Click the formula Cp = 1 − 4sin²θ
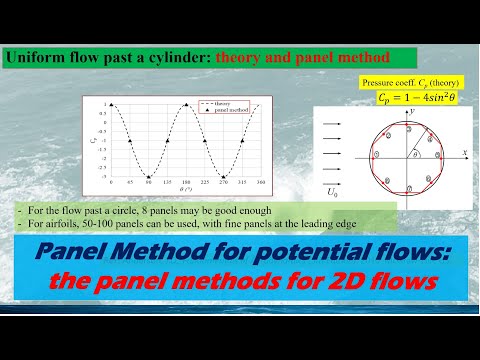[x=412, y=98]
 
